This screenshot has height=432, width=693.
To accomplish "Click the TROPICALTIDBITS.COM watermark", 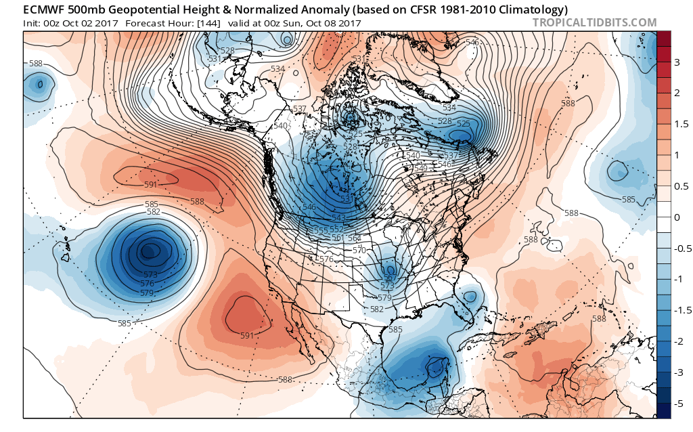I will [x=594, y=23].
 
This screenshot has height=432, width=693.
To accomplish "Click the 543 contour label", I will [x=339, y=217].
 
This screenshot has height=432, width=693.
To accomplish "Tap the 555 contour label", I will [x=321, y=231].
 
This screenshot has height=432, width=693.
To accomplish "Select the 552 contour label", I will [x=336, y=230].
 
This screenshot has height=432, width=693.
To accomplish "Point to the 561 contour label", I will [x=336, y=238].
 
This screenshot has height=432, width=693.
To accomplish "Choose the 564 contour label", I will [x=353, y=238].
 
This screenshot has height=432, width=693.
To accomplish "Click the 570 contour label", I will [x=359, y=250].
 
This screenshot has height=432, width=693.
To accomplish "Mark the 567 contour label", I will [x=388, y=278].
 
